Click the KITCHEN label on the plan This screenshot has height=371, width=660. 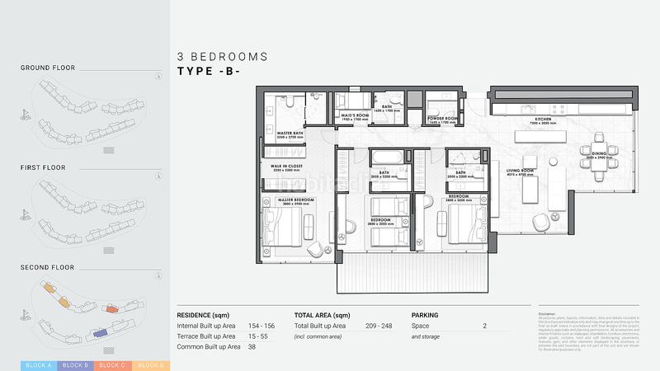pos(542,120)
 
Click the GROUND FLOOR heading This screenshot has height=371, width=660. pos(48,68)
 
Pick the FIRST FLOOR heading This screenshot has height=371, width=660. pos(43,167)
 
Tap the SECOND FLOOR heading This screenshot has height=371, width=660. pos(47,267)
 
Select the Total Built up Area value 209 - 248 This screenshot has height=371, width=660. pos(381,326)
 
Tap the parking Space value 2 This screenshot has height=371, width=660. pos(484,326)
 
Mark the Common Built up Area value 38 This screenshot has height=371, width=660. pos(252,347)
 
